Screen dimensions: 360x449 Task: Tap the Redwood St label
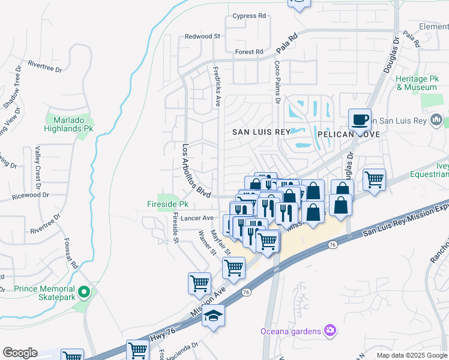click(202, 37)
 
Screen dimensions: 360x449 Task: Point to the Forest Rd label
click(249, 52)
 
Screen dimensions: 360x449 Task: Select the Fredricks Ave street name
click(217, 86)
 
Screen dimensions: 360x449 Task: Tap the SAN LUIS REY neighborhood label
click(257, 132)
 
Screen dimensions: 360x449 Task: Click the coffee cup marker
click(360, 119)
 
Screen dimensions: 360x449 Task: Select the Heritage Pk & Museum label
click(417, 83)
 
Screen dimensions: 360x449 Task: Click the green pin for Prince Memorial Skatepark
click(84, 293)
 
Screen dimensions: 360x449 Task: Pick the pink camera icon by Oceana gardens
click(329, 330)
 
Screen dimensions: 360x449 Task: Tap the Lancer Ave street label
click(197, 218)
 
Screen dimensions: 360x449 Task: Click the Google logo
click(20, 353)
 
